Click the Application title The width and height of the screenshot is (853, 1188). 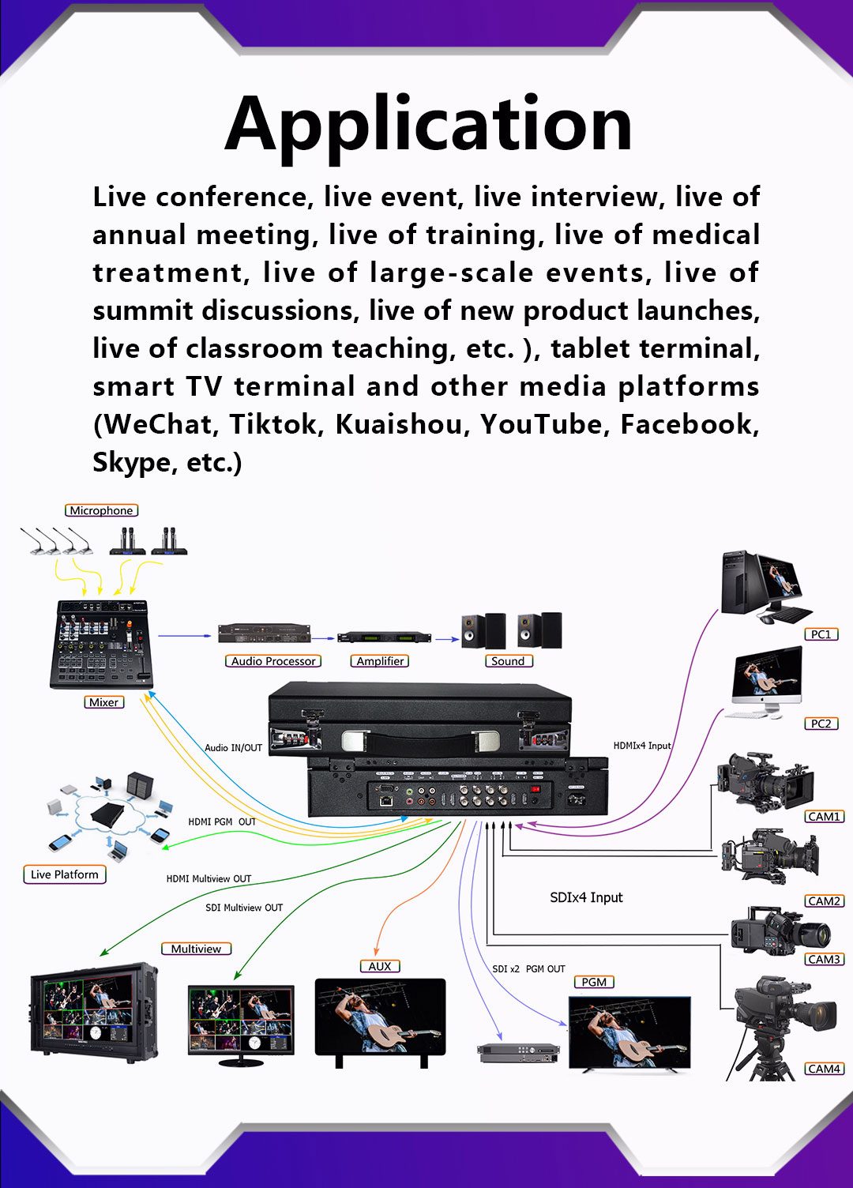click(x=428, y=127)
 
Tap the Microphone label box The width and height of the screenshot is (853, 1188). click(x=101, y=510)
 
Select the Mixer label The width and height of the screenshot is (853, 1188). click(x=104, y=702)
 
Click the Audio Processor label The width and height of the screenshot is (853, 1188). click(x=273, y=661)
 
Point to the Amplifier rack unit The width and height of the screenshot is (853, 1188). click(x=384, y=637)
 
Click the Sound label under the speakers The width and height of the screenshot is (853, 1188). click(x=509, y=661)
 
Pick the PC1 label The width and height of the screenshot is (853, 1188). click(x=821, y=634)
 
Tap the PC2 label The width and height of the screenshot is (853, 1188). click(x=821, y=724)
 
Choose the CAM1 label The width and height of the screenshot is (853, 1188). click(x=825, y=816)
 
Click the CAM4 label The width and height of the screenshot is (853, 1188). click(x=825, y=1069)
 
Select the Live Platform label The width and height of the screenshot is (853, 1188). click(x=65, y=874)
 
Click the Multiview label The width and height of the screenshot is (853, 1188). click(x=196, y=949)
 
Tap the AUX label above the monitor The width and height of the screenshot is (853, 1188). click(x=380, y=966)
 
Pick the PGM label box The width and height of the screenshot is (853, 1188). click(x=594, y=982)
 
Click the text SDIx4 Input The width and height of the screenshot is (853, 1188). click(x=586, y=897)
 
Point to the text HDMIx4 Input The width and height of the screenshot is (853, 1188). click(x=642, y=746)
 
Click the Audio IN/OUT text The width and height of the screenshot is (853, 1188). click(x=233, y=748)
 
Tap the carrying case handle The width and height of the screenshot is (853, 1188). click(x=420, y=740)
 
